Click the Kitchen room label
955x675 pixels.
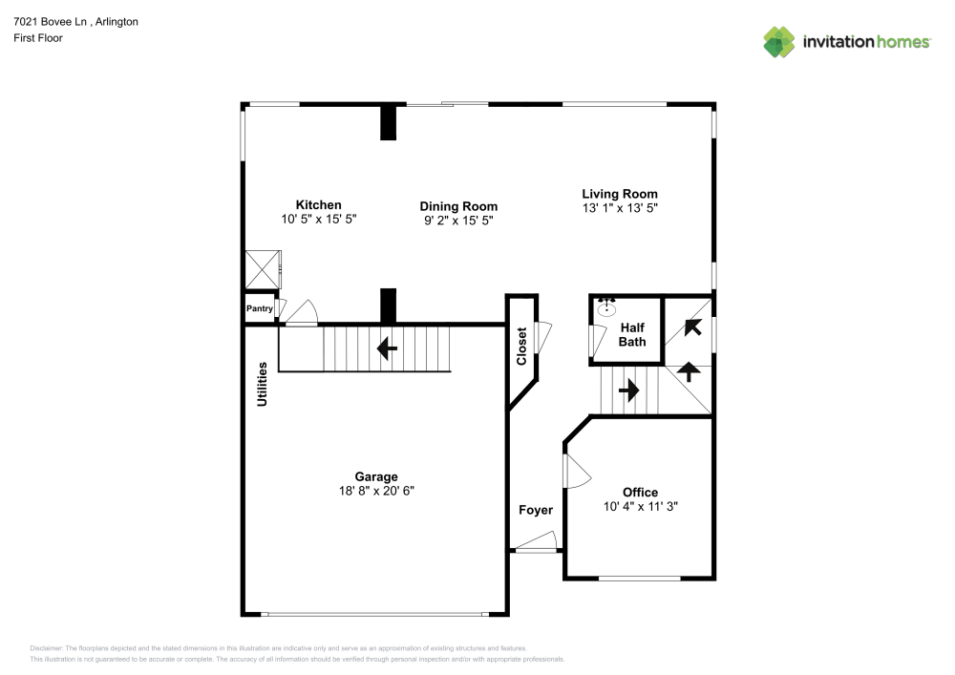point(318,205)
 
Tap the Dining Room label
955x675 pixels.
point(458,206)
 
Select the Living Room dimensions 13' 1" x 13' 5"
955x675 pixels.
point(620,207)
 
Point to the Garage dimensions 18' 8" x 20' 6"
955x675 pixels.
point(375,491)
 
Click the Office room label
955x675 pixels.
point(640,493)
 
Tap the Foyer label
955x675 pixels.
point(536,510)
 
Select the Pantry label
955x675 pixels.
point(259,308)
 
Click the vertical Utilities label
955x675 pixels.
point(262,384)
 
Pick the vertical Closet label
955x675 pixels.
point(521,347)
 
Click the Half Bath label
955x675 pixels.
point(632,334)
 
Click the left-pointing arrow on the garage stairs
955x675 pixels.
point(387,348)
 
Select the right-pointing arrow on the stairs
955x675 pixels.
point(628,390)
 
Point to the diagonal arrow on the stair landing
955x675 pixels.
point(692,327)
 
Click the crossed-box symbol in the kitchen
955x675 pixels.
point(262,269)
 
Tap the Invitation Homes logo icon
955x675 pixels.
point(778,41)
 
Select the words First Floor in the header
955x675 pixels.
point(38,38)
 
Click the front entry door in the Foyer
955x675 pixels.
point(536,549)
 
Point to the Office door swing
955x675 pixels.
point(576,470)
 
